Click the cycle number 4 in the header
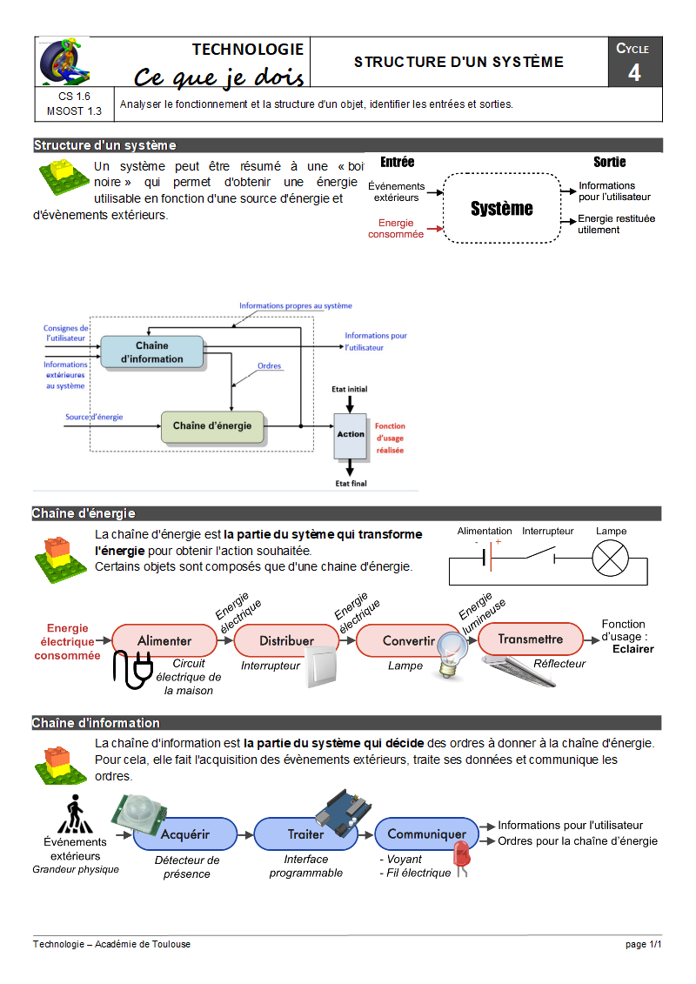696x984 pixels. pyautogui.click(x=634, y=72)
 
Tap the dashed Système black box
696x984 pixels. pyautogui.click(x=502, y=208)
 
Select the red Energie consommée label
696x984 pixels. pyautogui.click(x=396, y=229)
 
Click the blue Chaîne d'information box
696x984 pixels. pyautogui.click(x=151, y=352)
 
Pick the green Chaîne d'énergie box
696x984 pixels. pyautogui.click(x=211, y=426)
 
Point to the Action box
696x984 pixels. pyautogui.click(x=351, y=435)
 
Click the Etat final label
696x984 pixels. pyautogui.click(x=351, y=483)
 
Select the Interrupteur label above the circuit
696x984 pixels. pyautogui.click(x=548, y=531)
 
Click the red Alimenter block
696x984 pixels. pyautogui.click(x=164, y=640)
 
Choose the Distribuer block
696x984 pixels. pyautogui.click(x=286, y=640)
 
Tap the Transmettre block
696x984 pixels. pyautogui.click(x=530, y=639)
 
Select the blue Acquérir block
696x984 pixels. pyautogui.click(x=184, y=833)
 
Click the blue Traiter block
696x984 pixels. pyautogui.click(x=305, y=833)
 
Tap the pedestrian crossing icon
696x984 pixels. pyautogui.click(x=75, y=815)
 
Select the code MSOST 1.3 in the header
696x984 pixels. pyautogui.click(x=74, y=111)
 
